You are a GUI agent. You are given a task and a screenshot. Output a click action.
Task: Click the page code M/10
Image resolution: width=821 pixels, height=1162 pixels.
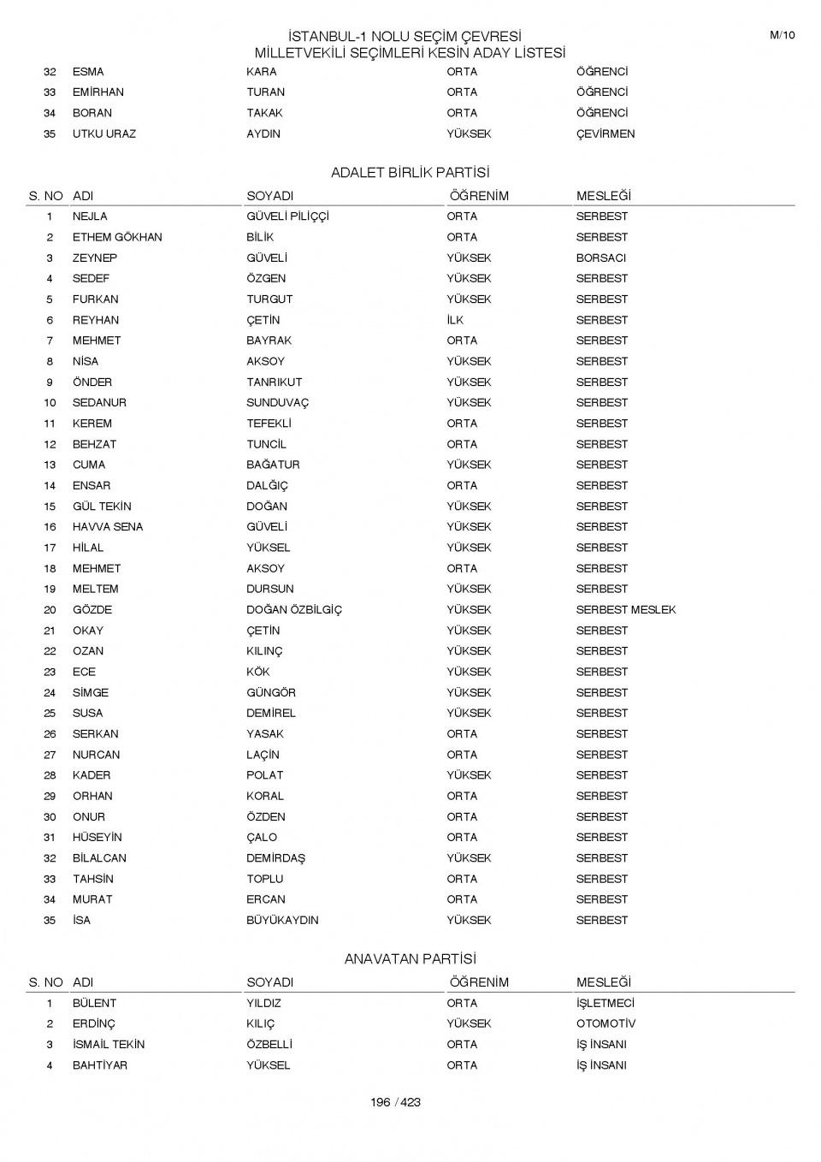click(x=782, y=35)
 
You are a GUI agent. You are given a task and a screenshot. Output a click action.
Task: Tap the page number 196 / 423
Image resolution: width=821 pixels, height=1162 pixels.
click(x=395, y=1102)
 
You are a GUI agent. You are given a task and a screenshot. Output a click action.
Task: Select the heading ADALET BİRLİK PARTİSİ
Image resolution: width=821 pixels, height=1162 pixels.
click(x=410, y=173)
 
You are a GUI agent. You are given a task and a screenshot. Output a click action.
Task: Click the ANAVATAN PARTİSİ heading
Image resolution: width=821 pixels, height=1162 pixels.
click(x=410, y=959)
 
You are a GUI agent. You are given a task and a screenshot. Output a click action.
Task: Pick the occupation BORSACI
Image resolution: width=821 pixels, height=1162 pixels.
click(x=600, y=258)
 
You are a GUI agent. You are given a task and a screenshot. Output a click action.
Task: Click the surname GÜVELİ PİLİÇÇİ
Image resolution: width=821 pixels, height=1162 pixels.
click(x=287, y=216)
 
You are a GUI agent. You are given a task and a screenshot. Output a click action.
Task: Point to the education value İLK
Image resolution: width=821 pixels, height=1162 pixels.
click(x=455, y=320)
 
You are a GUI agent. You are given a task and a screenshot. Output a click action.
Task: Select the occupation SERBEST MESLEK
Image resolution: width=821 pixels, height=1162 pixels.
click(x=625, y=610)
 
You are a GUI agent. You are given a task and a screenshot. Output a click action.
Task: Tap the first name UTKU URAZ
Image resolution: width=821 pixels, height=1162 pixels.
click(x=103, y=133)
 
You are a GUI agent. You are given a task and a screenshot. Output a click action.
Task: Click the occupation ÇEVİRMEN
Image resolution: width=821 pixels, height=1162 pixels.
click(x=605, y=133)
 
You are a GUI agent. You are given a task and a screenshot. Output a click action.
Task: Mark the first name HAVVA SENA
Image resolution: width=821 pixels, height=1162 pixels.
click(x=107, y=527)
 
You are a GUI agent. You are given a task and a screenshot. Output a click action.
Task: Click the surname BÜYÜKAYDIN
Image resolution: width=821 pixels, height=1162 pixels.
click(x=282, y=920)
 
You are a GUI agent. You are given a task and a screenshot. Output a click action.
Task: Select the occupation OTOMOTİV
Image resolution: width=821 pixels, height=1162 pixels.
click(x=605, y=1023)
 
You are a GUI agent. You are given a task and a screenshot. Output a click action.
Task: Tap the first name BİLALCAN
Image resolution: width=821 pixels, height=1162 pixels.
click(x=99, y=858)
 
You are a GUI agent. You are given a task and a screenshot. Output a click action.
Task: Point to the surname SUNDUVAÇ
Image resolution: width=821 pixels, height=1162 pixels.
click(x=277, y=403)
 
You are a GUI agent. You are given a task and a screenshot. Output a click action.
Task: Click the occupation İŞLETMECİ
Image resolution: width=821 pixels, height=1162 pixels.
click(x=605, y=1003)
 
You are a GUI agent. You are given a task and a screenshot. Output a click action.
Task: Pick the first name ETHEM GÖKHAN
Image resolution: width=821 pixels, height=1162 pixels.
click(x=116, y=237)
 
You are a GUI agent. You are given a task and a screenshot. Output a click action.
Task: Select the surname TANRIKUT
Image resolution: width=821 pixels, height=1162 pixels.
click(x=274, y=382)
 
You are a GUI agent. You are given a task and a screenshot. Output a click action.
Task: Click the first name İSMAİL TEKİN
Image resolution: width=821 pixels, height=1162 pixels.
click(x=108, y=1044)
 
